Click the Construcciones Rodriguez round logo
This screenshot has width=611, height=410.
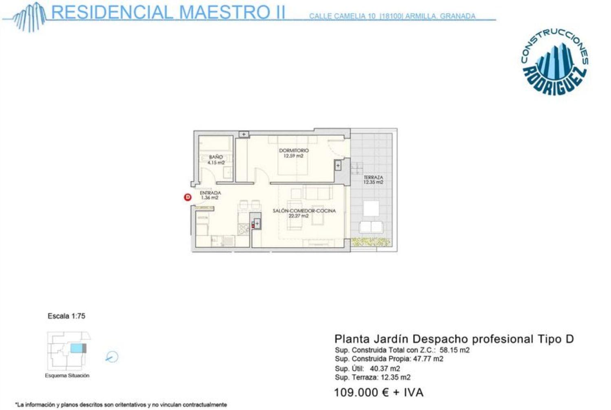(554, 62)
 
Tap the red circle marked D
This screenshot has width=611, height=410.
(188, 197)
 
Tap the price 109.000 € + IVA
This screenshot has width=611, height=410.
(378, 392)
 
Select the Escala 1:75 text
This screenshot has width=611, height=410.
(66, 316)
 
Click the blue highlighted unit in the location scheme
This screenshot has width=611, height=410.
(76, 348)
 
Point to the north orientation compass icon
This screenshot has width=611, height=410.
(112, 357)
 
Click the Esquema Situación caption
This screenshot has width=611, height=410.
(67, 376)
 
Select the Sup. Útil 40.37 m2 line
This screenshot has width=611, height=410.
(367, 368)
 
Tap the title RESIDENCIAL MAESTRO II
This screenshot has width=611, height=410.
(168, 12)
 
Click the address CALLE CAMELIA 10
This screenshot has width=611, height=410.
(342, 16)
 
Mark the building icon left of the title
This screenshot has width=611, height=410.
(29, 17)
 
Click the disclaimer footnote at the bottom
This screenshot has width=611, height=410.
(121, 405)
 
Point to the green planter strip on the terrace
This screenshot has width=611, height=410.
(371, 242)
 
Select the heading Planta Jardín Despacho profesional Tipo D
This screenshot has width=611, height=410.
(454, 339)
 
